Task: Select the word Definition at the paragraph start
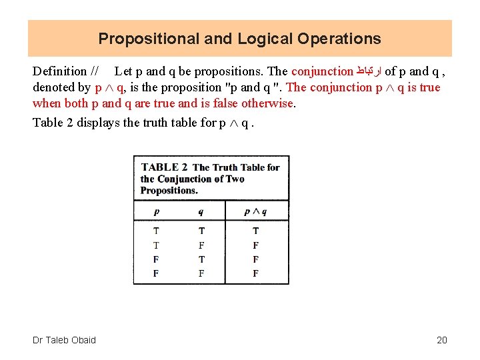[60, 71]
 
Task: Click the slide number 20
[442, 340]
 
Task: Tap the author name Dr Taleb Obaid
[64, 340]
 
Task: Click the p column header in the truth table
[156, 212]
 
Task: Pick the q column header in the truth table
[201, 212]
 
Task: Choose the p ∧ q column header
[255, 212]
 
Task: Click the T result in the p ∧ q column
[255, 231]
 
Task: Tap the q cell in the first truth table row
[201, 231]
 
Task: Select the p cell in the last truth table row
[156, 273]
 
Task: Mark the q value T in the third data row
[201, 259]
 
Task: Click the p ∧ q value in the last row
[255, 273]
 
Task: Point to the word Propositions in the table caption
[169, 190]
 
